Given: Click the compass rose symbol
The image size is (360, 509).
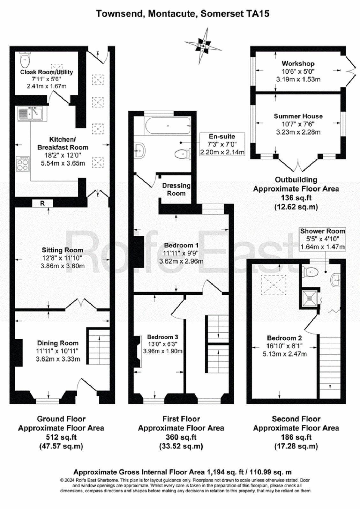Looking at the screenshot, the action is [x=203, y=46].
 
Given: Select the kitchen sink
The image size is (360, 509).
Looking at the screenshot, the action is [x=30, y=114].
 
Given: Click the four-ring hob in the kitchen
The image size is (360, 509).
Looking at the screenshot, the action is [x=23, y=164].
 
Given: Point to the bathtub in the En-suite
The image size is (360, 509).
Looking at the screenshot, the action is [x=168, y=126].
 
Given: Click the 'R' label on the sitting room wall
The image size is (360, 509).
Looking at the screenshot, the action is [x=42, y=203].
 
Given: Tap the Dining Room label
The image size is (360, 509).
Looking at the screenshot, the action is [x=58, y=343].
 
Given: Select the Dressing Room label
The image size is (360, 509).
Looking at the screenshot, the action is [x=176, y=189].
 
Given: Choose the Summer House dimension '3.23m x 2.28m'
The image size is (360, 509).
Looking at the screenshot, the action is [x=298, y=132].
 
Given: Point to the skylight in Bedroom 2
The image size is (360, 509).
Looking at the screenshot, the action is [x=274, y=285].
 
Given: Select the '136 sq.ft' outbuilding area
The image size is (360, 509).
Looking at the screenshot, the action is [x=296, y=198].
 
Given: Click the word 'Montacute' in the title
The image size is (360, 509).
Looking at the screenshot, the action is [x=172, y=14].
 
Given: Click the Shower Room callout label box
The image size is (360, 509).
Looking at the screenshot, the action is [x=322, y=239].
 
